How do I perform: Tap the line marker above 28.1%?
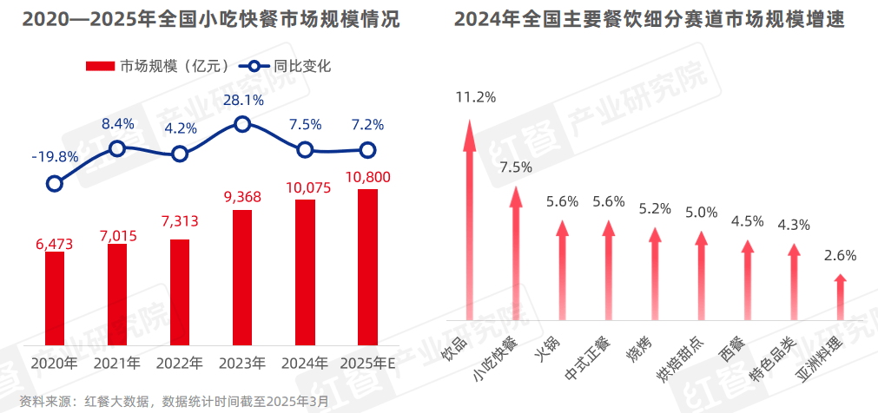tap(242, 124)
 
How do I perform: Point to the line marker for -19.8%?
tap(55, 183)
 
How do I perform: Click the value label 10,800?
tap(367, 178)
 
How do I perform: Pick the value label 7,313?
tap(180, 221)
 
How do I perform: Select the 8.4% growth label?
tap(118, 124)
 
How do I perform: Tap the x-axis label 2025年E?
tap(368, 363)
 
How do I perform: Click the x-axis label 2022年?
tap(180, 363)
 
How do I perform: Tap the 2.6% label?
tap(840, 255)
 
